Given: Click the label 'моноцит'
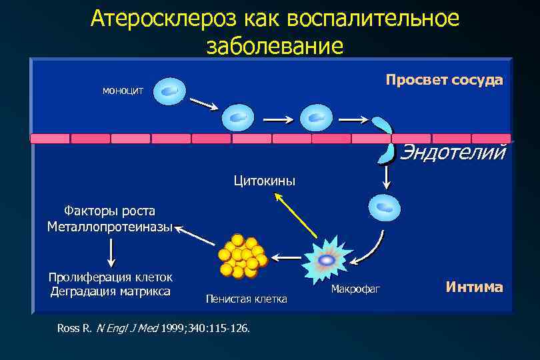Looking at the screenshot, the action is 123,90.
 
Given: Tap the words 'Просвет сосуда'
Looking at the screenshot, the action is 444,80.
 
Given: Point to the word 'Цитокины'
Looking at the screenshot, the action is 264,181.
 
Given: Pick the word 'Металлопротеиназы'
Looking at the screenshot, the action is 109,227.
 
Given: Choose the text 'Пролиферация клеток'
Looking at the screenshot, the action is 110,277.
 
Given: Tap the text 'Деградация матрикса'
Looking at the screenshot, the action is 110,291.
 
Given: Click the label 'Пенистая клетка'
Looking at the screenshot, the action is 246,299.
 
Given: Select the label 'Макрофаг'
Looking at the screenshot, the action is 355,289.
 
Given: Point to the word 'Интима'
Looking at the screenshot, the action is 474,287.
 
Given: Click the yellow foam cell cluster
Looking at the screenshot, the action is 242,255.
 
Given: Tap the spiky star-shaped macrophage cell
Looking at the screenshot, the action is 327,260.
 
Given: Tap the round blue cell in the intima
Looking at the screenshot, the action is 385,207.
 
